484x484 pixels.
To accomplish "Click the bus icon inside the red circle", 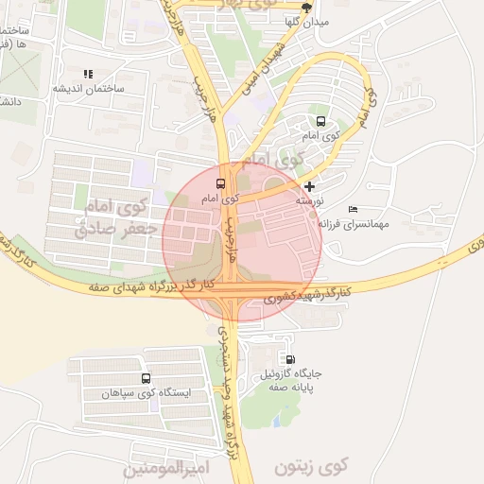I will pyautogui.click(x=221, y=183).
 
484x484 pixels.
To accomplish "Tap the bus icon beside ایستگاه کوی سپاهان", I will pyautogui.click(x=145, y=378).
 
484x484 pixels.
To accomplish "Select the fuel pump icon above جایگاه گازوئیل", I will pyautogui.click(x=289, y=359).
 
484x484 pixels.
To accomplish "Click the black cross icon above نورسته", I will pyautogui.click(x=310, y=186).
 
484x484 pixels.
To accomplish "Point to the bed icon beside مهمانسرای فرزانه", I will pyautogui.click(x=353, y=209).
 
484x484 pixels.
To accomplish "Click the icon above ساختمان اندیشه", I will pyautogui.click(x=88, y=73).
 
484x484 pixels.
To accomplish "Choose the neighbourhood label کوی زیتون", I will pyautogui.click(x=312, y=466).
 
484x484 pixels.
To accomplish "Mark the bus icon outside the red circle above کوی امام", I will pyautogui.click(x=320, y=121).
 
